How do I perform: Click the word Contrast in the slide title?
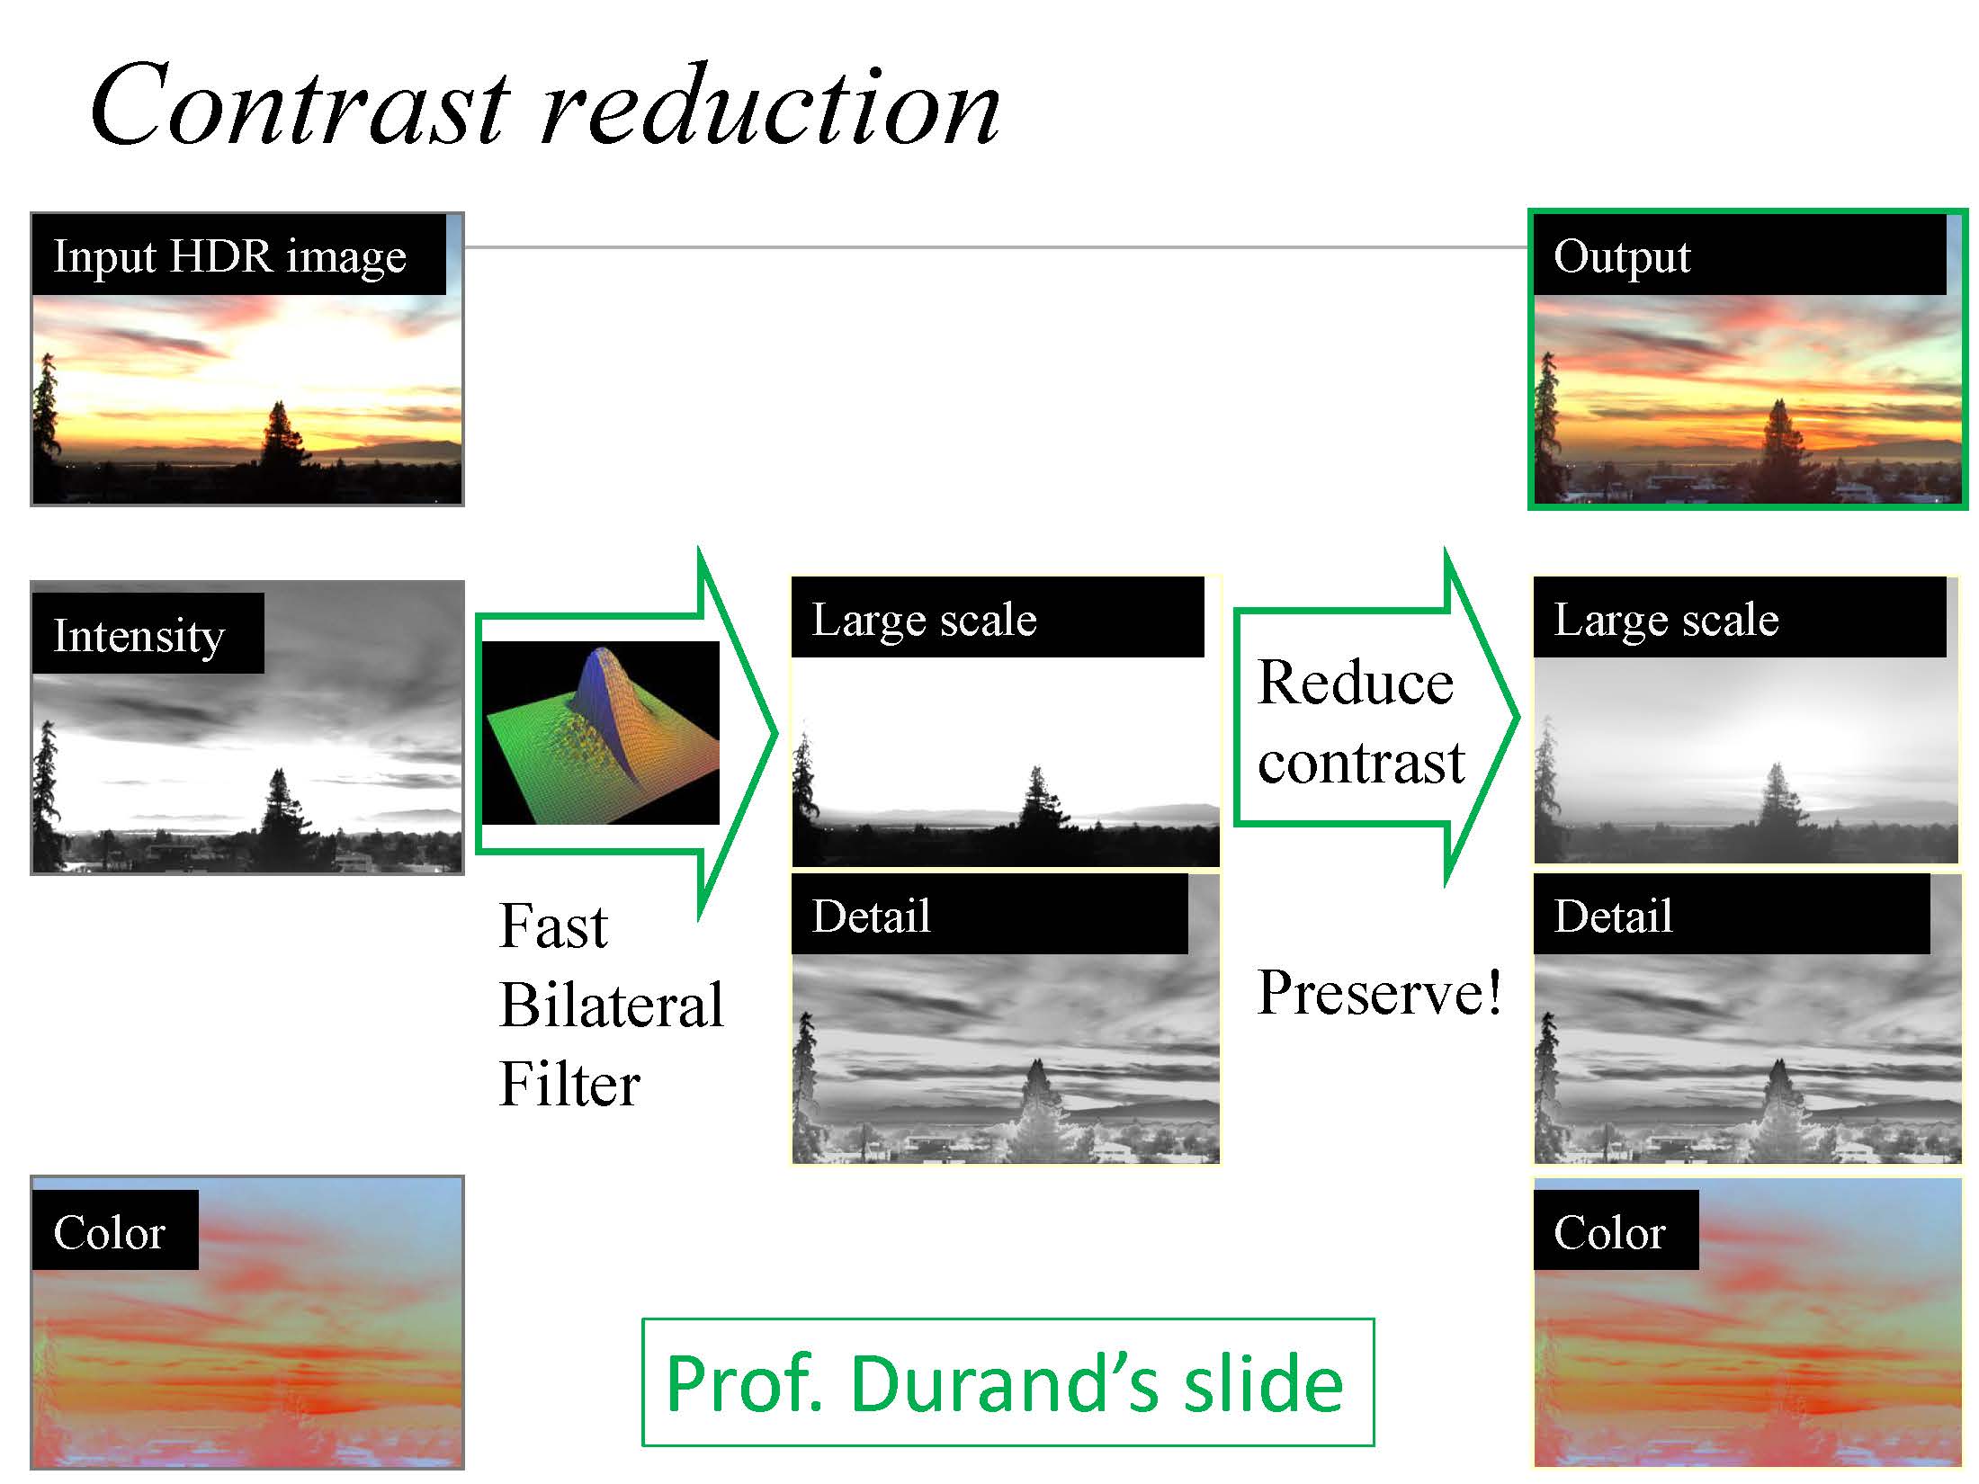point(300,106)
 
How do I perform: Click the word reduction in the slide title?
point(770,106)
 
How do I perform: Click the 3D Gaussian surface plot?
point(600,733)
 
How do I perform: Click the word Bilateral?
point(612,1005)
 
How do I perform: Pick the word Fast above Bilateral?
point(553,925)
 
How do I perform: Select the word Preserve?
point(1379,993)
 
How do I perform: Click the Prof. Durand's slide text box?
point(1007,1382)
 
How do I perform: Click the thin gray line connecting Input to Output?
point(996,246)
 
